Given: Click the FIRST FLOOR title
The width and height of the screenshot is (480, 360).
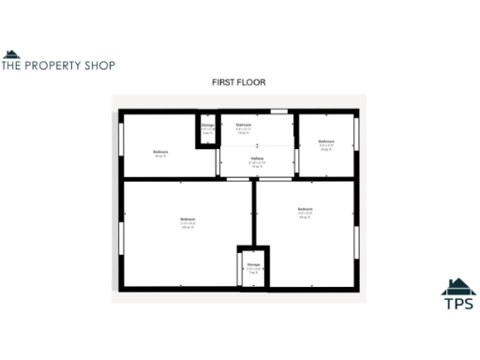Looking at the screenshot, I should [238, 82].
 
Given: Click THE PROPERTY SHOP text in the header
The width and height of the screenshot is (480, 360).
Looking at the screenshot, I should [58, 66].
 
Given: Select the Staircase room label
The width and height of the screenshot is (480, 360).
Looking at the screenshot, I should [243, 125].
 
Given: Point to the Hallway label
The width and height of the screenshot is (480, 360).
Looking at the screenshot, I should [257, 159].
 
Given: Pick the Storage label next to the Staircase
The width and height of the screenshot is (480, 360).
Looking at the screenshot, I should [207, 125].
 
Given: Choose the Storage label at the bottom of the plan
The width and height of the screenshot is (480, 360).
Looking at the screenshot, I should [253, 264].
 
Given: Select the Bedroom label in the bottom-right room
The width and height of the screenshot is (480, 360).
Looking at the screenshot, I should [305, 209].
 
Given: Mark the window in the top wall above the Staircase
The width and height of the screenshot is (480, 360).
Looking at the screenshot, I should [277, 112].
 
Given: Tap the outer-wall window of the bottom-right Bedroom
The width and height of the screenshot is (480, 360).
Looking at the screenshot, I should [356, 239].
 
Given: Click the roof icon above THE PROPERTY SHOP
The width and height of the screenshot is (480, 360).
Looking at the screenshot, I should [10, 53].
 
